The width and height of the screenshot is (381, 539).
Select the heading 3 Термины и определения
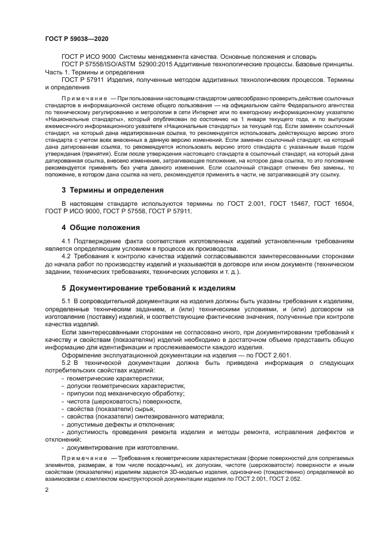click(112, 190)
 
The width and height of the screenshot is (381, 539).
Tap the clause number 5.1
click(66, 301)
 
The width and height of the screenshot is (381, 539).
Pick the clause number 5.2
click(66, 362)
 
